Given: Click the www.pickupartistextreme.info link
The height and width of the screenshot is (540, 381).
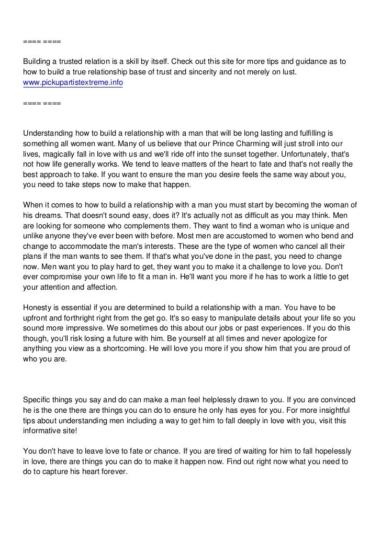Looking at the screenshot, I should (x=73, y=83).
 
